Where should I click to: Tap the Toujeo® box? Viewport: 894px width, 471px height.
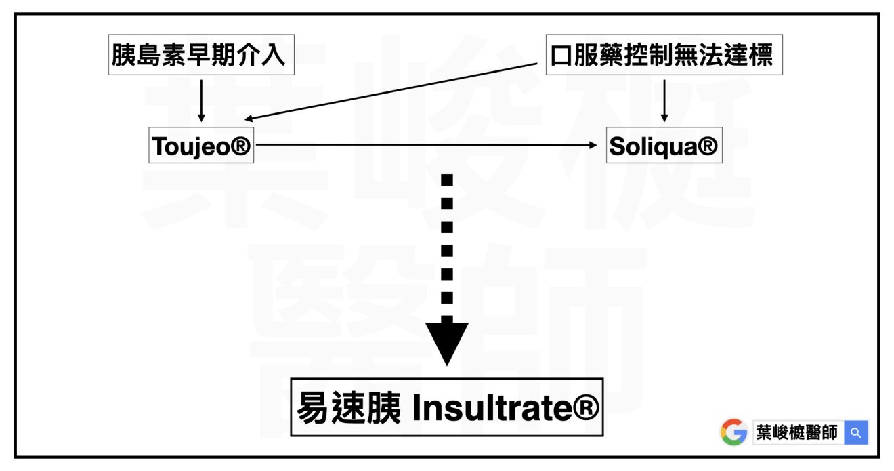pos(201,146)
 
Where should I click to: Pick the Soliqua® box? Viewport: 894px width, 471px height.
pos(663,146)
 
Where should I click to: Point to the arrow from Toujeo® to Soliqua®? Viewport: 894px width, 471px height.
pos(427,145)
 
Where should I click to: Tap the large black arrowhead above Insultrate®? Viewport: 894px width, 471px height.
pos(447,343)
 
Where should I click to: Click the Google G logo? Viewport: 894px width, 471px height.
pos(733,432)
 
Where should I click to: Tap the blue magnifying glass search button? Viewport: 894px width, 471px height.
pos(856,432)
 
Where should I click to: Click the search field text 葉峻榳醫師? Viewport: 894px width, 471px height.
pos(799,432)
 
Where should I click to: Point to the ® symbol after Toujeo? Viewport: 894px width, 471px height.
pos(240,146)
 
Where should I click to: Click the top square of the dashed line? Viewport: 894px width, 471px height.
pos(447,180)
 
